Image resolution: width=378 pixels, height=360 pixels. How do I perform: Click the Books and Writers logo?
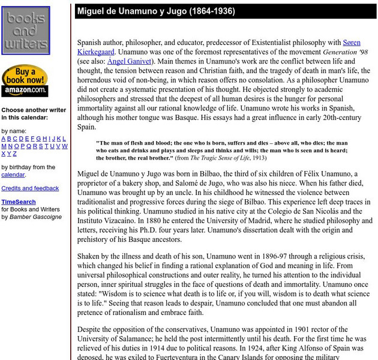point(26,30)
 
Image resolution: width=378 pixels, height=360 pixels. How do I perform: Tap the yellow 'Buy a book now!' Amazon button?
point(25,81)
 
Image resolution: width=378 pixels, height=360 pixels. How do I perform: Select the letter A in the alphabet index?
point(4,139)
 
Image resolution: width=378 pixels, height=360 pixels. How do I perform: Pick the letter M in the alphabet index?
point(4,146)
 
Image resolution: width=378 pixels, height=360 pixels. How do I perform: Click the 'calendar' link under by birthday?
point(13,175)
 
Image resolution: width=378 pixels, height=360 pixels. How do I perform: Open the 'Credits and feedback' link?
point(30,188)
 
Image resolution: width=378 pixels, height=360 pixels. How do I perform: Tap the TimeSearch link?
point(18,202)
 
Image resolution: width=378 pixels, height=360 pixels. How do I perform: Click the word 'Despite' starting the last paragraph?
point(91,329)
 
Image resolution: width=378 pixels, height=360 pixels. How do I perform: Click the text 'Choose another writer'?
point(34,110)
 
